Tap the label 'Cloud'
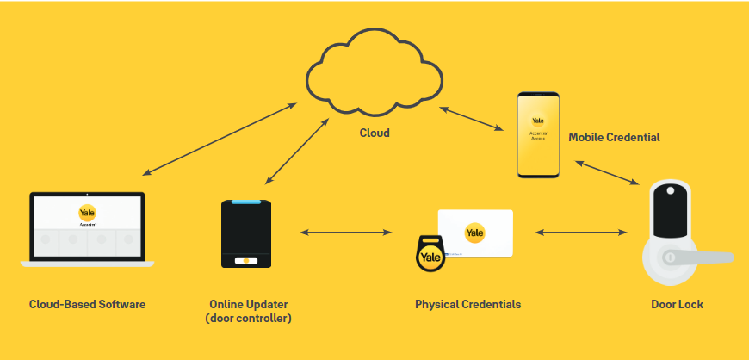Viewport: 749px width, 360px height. click(x=374, y=133)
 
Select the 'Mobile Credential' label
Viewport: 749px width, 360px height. click(x=615, y=137)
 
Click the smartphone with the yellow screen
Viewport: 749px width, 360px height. click(x=538, y=134)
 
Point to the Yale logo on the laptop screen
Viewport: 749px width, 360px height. click(x=87, y=213)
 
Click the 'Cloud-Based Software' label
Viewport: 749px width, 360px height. click(x=87, y=304)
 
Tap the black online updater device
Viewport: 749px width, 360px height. click(x=247, y=233)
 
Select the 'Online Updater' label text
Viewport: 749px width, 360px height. click(x=249, y=304)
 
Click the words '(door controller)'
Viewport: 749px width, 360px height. click(x=249, y=319)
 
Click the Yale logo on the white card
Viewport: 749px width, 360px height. click(x=474, y=233)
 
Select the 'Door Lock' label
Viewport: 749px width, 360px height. click(x=678, y=304)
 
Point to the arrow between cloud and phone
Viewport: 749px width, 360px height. click(x=472, y=118)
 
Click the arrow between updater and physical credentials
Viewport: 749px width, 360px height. click(x=344, y=232)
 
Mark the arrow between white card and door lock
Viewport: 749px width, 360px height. click(x=579, y=232)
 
